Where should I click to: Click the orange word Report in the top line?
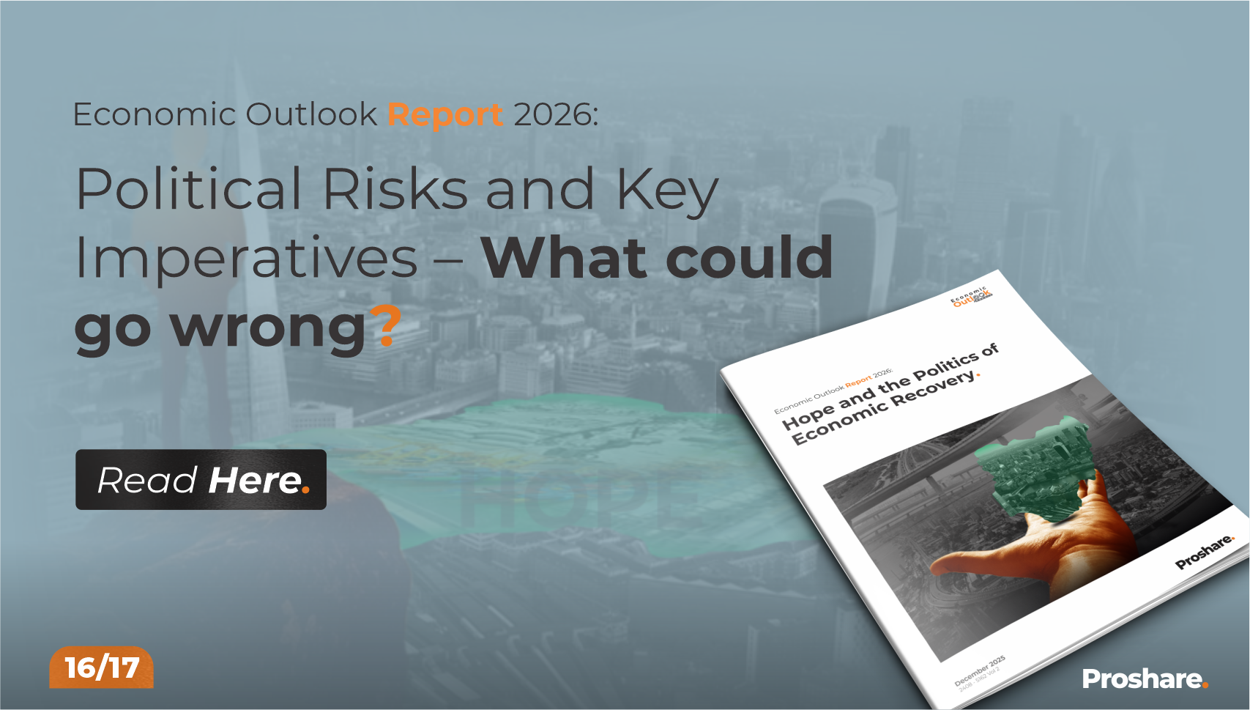[445, 114]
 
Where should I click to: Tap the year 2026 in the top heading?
[555, 114]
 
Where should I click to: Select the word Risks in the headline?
[395, 190]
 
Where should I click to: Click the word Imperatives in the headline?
[247, 259]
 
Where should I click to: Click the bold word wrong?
[268, 328]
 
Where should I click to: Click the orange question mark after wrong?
[386, 326]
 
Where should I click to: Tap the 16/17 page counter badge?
[102, 668]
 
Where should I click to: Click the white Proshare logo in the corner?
[1144, 679]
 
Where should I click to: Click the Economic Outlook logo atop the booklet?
[971, 297]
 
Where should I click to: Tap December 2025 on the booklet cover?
[980, 670]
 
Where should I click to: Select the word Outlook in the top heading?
[311, 114]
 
